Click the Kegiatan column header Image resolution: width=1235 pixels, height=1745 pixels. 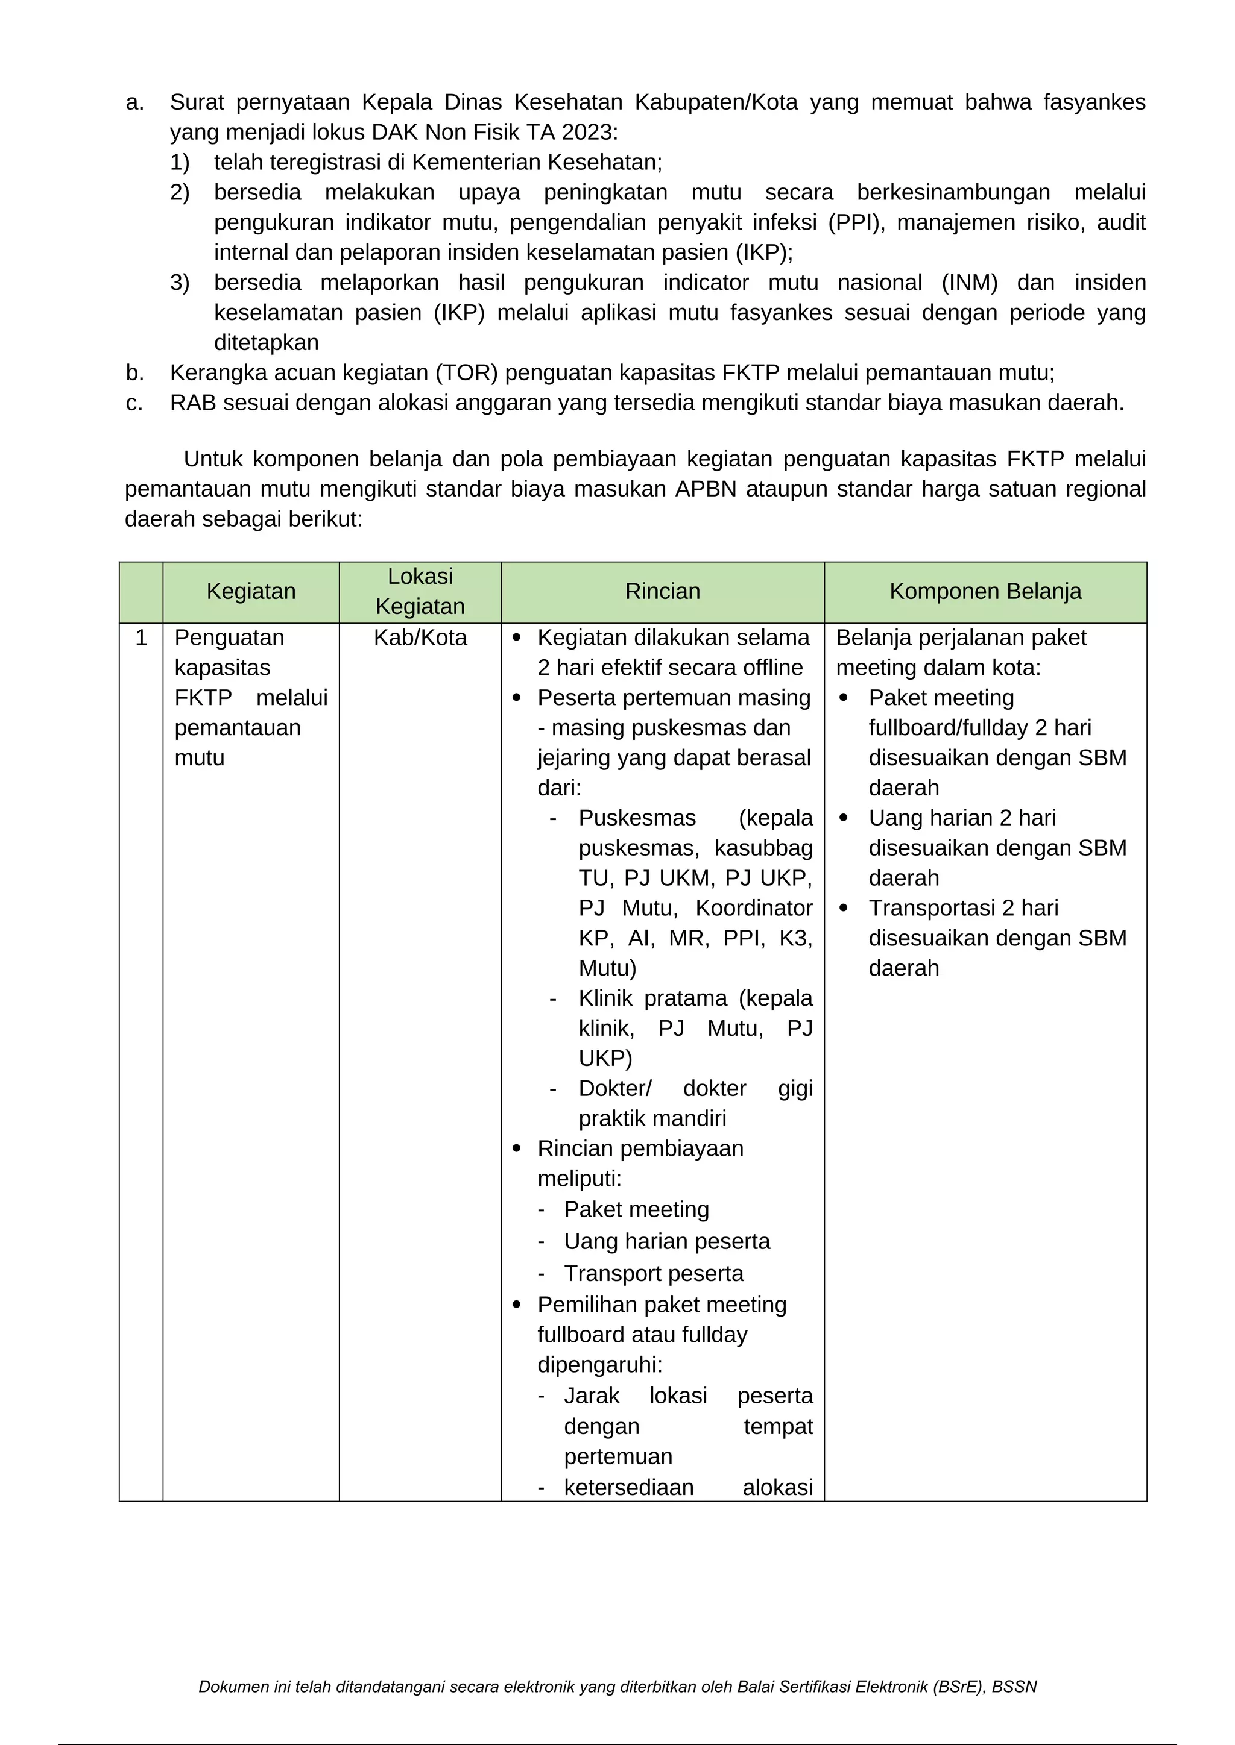(x=251, y=591)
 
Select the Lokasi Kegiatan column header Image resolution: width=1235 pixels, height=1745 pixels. (x=420, y=591)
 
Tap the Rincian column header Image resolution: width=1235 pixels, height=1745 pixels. (x=662, y=591)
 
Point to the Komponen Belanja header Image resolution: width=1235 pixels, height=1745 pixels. (x=985, y=591)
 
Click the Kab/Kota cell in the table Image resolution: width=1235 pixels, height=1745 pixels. (x=420, y=638)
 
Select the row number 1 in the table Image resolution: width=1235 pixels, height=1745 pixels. (x=141, y=638)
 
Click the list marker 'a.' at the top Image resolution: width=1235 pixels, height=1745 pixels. (x=134, y=102)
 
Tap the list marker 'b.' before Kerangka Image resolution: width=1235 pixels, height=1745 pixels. (x=134, y=373)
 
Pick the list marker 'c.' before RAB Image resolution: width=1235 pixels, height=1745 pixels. (x=134, y=403)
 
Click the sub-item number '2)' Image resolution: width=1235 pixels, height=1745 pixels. (x=180, y=192)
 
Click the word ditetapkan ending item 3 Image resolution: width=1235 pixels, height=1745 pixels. (x=266, y=343)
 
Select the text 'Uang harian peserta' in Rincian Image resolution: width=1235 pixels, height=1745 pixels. (x=667, y=1242)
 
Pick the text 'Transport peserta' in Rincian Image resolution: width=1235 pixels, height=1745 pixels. (x=653, y=1274)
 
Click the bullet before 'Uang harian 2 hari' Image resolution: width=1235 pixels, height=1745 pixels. (x=844, y=818)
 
